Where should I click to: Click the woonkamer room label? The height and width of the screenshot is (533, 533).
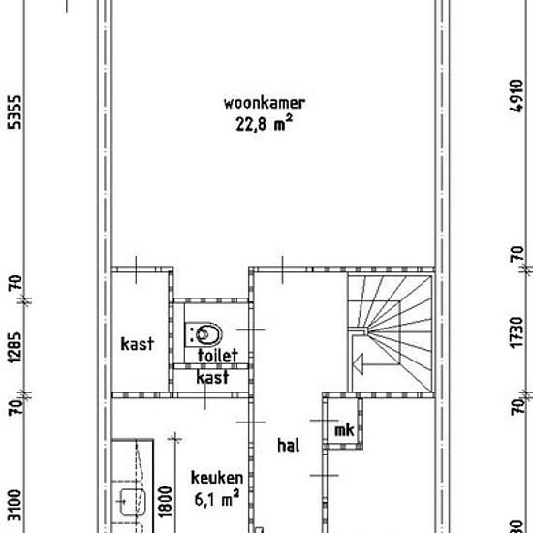tap(265, 103)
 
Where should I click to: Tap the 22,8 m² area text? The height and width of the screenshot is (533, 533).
tap(265, 123)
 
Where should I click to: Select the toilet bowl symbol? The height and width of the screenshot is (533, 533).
tap(204, 334)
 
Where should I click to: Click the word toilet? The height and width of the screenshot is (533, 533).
tap(217, 356)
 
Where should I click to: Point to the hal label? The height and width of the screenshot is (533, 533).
tap(289, 445)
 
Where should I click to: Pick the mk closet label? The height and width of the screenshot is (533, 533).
tap(344, 430)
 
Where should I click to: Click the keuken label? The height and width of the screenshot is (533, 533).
tap(217, 478)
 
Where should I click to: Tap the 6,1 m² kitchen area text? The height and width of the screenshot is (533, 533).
tap(217, 499)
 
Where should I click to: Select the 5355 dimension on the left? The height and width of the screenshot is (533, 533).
tap(15, 112)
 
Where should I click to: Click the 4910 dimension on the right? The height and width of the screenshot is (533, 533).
tap(517, 96)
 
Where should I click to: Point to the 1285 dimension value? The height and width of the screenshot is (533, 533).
tap(15, 347)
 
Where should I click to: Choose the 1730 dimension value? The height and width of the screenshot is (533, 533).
tap(517, 332)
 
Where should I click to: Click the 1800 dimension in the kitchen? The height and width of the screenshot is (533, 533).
tap(166, 502)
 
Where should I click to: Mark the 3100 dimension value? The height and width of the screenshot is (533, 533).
tap(15, 506)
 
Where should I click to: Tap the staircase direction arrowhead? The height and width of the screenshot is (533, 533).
tap(359, 364)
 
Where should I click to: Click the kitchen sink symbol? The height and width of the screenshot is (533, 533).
tap(134, 502)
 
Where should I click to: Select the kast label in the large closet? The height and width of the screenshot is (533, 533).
tap(138, 344)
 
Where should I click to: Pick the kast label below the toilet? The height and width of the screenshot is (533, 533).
tap(212, 377)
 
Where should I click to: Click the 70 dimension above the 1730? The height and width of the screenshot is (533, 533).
tap(517, 254)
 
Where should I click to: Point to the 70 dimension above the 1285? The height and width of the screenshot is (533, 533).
tap(15, 282)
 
